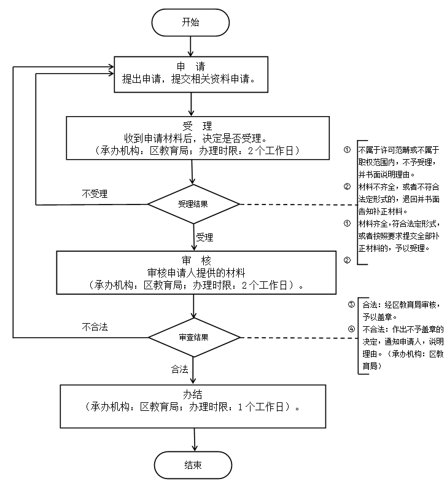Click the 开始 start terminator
tap(191, 23)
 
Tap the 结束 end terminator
tap(193, 465)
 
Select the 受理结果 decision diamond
tap(193, 204)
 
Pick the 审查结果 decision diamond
tap(193, 337)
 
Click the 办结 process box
tap(193, 405)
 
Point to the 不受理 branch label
tap(95, 193)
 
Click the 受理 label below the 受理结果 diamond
tap(204, 236)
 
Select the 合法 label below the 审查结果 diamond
tap(180, 369)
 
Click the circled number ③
tap(351, 305)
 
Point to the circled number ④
tap(351, 329)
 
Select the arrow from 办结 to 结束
tap(194, 439)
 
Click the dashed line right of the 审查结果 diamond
tap(297, 337)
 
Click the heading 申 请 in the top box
tap(191, 66)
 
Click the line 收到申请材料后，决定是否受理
tap(194, 138)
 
